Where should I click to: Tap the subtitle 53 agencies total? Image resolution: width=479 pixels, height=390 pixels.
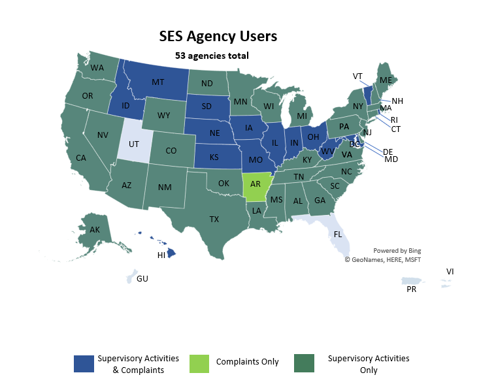pyautogui.click(x=212, y=56)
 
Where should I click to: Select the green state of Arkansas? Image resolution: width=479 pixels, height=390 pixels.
pyautogui.click(x=256, y=185)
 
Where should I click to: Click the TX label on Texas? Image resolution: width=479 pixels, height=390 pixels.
pyautogui.click(x=214, y=219)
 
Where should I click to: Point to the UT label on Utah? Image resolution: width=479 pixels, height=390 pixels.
pyautogui.click(x=133, y=144)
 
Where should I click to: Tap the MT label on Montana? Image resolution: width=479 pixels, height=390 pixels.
pyautogui.click(x=157, y=82)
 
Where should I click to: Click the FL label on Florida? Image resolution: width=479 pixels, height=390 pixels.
pyautogui.click(x=338, y=234)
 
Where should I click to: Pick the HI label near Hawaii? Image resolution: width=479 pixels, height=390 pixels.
pyautogui.click(x=161, y=255)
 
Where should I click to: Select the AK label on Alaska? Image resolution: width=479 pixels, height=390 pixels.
pyautogui.click(x=95, y=229)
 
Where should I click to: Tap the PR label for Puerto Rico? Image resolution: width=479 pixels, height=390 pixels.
pyautogui.click(x=412, y=289)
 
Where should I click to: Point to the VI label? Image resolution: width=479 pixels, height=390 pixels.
pyautogui.click(x=450, y=271)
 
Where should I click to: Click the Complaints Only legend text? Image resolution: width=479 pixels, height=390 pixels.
pyautogui.click(x=247, y=362)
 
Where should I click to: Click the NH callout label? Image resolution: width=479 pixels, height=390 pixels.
pyautogui.click(x=397, y=101)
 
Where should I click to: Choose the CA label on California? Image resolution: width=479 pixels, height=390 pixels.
pyautogui.click(x=81, y=157)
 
